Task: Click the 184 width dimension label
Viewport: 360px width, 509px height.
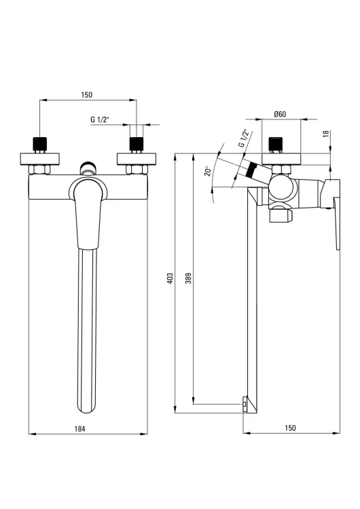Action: pyautogui.click(x=79, y=429)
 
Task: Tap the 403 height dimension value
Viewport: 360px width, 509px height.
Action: pyautogui.click(x=170, y=278)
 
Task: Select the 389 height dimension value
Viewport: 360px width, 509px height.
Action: pyautogui.click(x=188, y=278)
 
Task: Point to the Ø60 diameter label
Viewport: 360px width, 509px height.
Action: pyautogui.click(x=280, y=114)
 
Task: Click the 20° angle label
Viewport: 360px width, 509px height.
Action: pyautogui.click(x=208, y=171)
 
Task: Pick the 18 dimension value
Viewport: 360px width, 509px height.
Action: pyautogui.click(x=327, y=134)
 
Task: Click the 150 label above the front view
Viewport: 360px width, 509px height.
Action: pyautogui.click(x=87, y=95)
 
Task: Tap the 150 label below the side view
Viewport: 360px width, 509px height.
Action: pyautogui.click(x=290, y=428)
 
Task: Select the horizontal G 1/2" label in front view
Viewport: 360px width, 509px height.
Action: pyautogui.click(x=100, y=119)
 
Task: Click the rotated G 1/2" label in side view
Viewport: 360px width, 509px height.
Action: pyautogui.click(x=244, y=138)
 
